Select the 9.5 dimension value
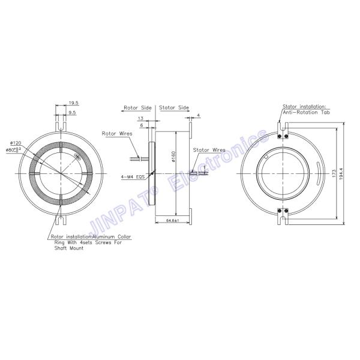click(x=71, y=112)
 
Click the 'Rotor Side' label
click(x=138, y=108)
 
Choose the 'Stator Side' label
click(x=175, y=108)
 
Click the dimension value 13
click(x=140, y=119)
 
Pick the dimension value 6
click(x=141, y=125)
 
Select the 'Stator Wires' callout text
click(x=209, y=150)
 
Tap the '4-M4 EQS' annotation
click(x=133, y=176)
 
